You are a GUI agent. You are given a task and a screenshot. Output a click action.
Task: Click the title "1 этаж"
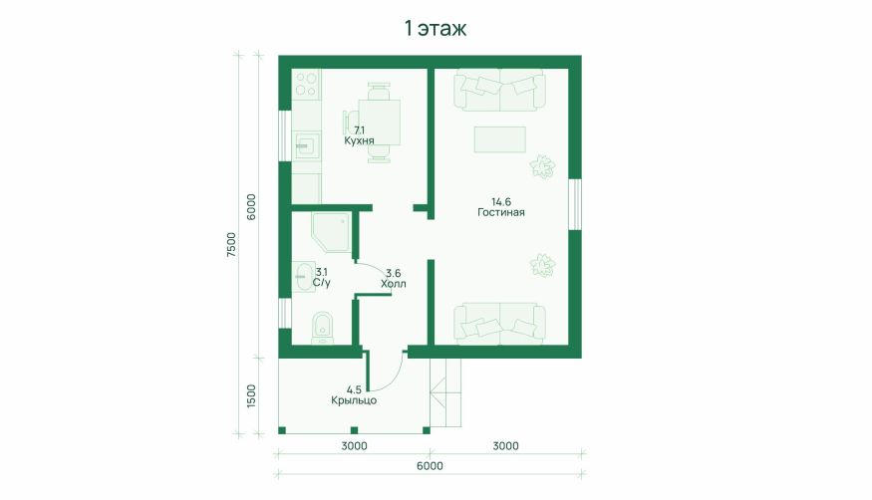coord(435,28)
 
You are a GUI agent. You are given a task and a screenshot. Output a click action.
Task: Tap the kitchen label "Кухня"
coord(359,140)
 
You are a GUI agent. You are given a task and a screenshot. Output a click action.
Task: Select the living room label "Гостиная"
coord(500,212)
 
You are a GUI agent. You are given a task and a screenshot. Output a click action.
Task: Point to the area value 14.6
coord(500,201)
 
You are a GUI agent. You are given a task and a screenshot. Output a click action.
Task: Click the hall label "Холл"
coord(394,284)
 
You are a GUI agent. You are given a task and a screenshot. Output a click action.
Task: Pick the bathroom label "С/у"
coord(322,283)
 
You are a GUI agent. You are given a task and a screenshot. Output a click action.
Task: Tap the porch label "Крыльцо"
coord(354,400)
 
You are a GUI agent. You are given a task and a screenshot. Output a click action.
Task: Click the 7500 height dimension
coord(231,244)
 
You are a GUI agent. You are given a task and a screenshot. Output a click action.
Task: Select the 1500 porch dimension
coord(251,396)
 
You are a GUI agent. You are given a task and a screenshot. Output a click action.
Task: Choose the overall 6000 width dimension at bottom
coord(430,465)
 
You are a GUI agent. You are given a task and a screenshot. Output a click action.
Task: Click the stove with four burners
coord(306,84)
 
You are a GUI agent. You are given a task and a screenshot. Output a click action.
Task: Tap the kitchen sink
coord(305,146)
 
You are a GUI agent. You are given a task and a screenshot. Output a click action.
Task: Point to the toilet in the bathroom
coord(322,328)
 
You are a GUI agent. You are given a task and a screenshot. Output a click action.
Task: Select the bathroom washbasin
coord(303,277)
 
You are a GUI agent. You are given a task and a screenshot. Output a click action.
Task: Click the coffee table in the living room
coord(499,139)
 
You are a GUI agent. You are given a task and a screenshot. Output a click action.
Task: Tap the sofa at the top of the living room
coord(499,90)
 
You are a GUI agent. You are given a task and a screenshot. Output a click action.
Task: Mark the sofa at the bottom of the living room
coord(499,324)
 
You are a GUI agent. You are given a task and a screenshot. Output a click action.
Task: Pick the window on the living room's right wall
coord(575,204)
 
